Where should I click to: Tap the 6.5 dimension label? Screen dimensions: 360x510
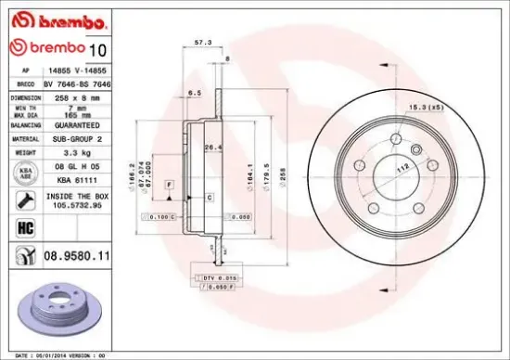tap(195, 95)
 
